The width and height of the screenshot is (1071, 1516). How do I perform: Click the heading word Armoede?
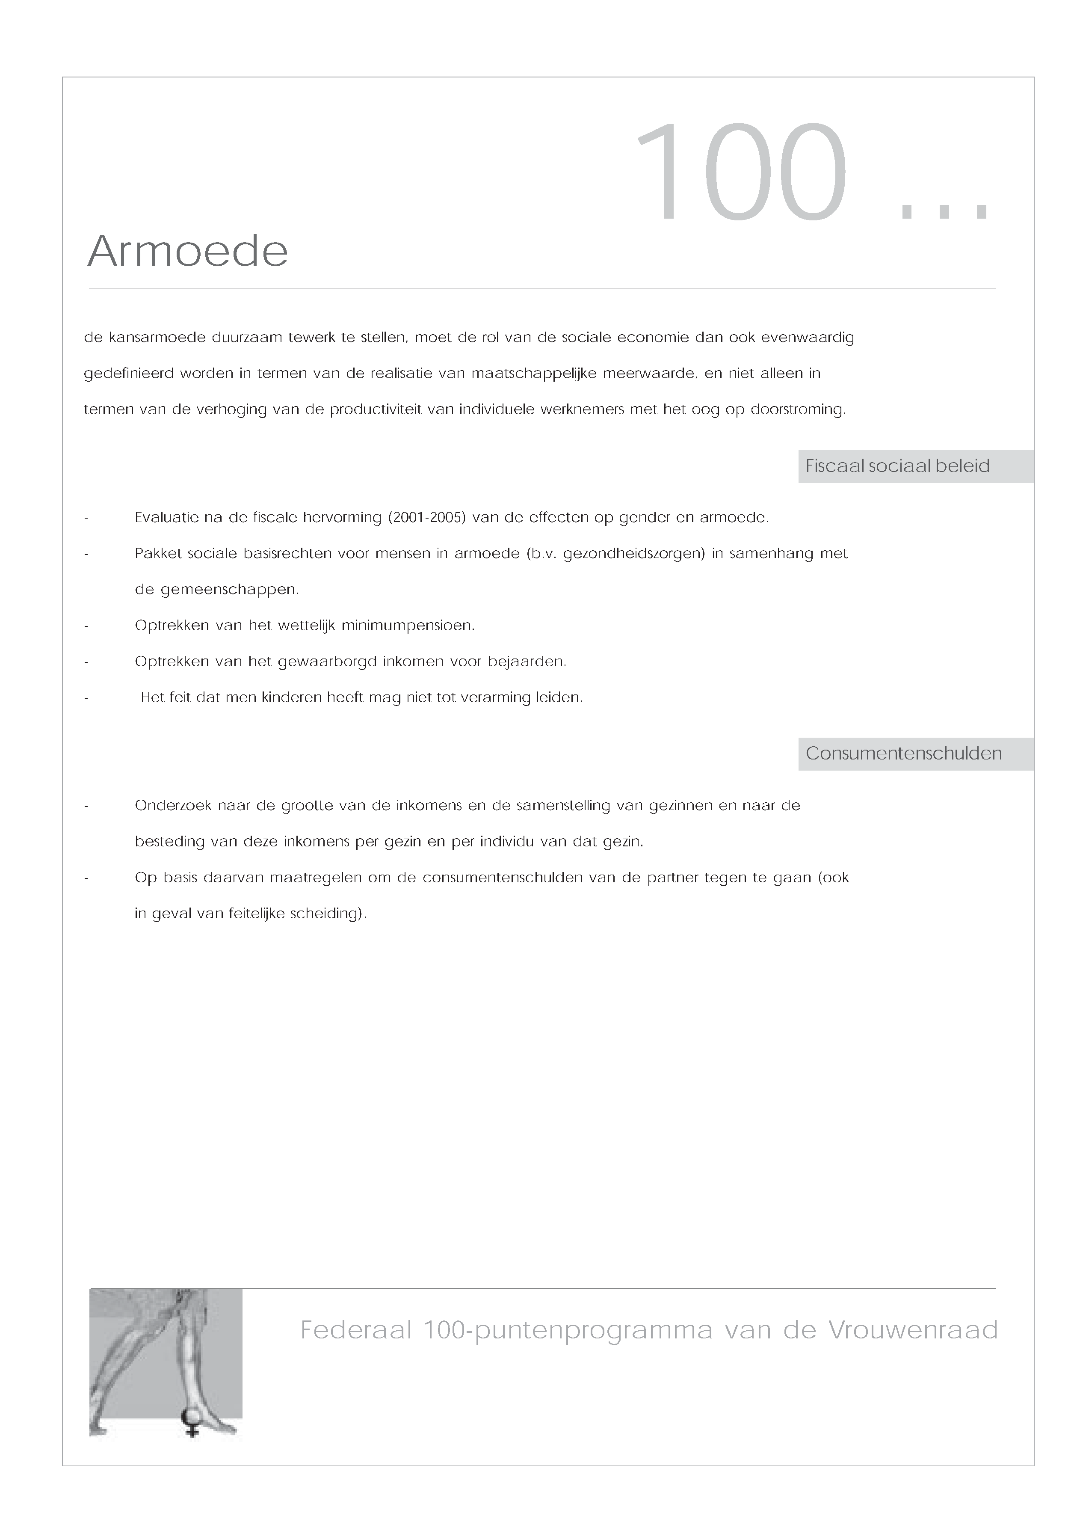coord(188,252)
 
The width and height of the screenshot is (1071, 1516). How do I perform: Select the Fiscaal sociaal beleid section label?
coord(897,466)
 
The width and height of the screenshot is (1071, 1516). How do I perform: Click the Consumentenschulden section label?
coord(903,754)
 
